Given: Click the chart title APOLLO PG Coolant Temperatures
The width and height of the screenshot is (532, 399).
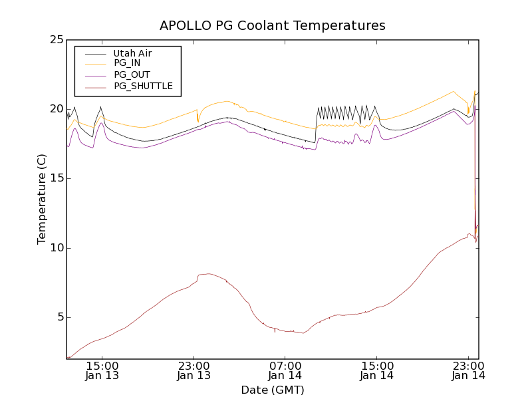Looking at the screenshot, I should (x=272, y=26).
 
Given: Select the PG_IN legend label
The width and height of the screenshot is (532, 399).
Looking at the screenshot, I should (x=127, y=63).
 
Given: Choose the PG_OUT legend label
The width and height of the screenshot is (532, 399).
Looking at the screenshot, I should (x=132, y=74).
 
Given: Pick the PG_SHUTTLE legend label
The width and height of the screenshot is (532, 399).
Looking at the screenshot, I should (x=143, y=86).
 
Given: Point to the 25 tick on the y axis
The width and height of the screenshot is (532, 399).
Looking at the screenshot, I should (x=55, y=40).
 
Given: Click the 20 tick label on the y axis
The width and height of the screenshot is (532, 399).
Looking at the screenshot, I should (x=55, y=109).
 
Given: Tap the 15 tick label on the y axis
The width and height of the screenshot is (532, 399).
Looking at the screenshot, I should (x=55, y=178).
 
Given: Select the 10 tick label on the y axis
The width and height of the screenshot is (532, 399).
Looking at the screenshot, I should (x=55, y=247).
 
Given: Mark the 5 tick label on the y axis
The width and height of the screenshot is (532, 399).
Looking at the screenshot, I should (x=59, y=317).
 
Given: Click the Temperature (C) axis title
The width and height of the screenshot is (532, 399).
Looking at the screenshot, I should (x=42, y=199).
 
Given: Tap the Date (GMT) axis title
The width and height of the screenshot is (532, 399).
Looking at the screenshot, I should (x=272, y=390).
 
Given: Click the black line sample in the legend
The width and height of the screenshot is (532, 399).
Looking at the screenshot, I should (x=93, y=53).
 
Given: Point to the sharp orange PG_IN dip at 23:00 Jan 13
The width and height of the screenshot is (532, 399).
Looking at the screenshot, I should (x=198, y=121).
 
